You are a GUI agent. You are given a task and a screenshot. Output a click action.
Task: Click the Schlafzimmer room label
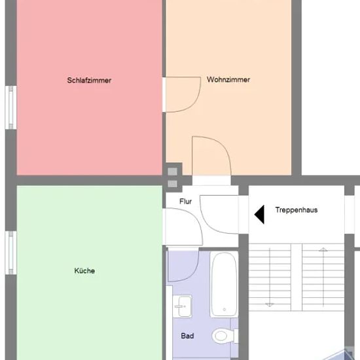point(89,81)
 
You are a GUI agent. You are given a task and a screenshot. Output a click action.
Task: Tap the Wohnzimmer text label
point(228,79)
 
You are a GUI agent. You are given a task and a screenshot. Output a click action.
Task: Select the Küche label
point(84,271)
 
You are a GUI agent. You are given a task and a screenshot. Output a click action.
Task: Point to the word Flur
point(185,202)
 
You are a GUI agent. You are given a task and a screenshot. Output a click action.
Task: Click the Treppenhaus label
point(297,210)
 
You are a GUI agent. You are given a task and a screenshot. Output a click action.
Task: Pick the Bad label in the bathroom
point(187,336)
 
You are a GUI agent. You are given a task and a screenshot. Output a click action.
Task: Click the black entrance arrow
point(259,215)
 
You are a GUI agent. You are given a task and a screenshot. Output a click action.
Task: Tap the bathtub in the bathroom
point(224,284)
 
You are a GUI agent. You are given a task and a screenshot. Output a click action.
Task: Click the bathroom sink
point(183,306)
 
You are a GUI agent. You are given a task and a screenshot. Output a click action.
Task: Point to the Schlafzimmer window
point(10,107)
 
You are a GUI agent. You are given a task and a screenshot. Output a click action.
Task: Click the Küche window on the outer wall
point(10,253)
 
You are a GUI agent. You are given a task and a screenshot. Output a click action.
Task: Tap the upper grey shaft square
point(172,171)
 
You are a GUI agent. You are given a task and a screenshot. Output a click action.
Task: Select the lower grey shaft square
point(172,184)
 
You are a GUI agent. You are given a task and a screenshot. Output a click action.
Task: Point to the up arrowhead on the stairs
point(323,249)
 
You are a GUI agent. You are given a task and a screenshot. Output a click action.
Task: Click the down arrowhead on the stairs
point(270,305)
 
